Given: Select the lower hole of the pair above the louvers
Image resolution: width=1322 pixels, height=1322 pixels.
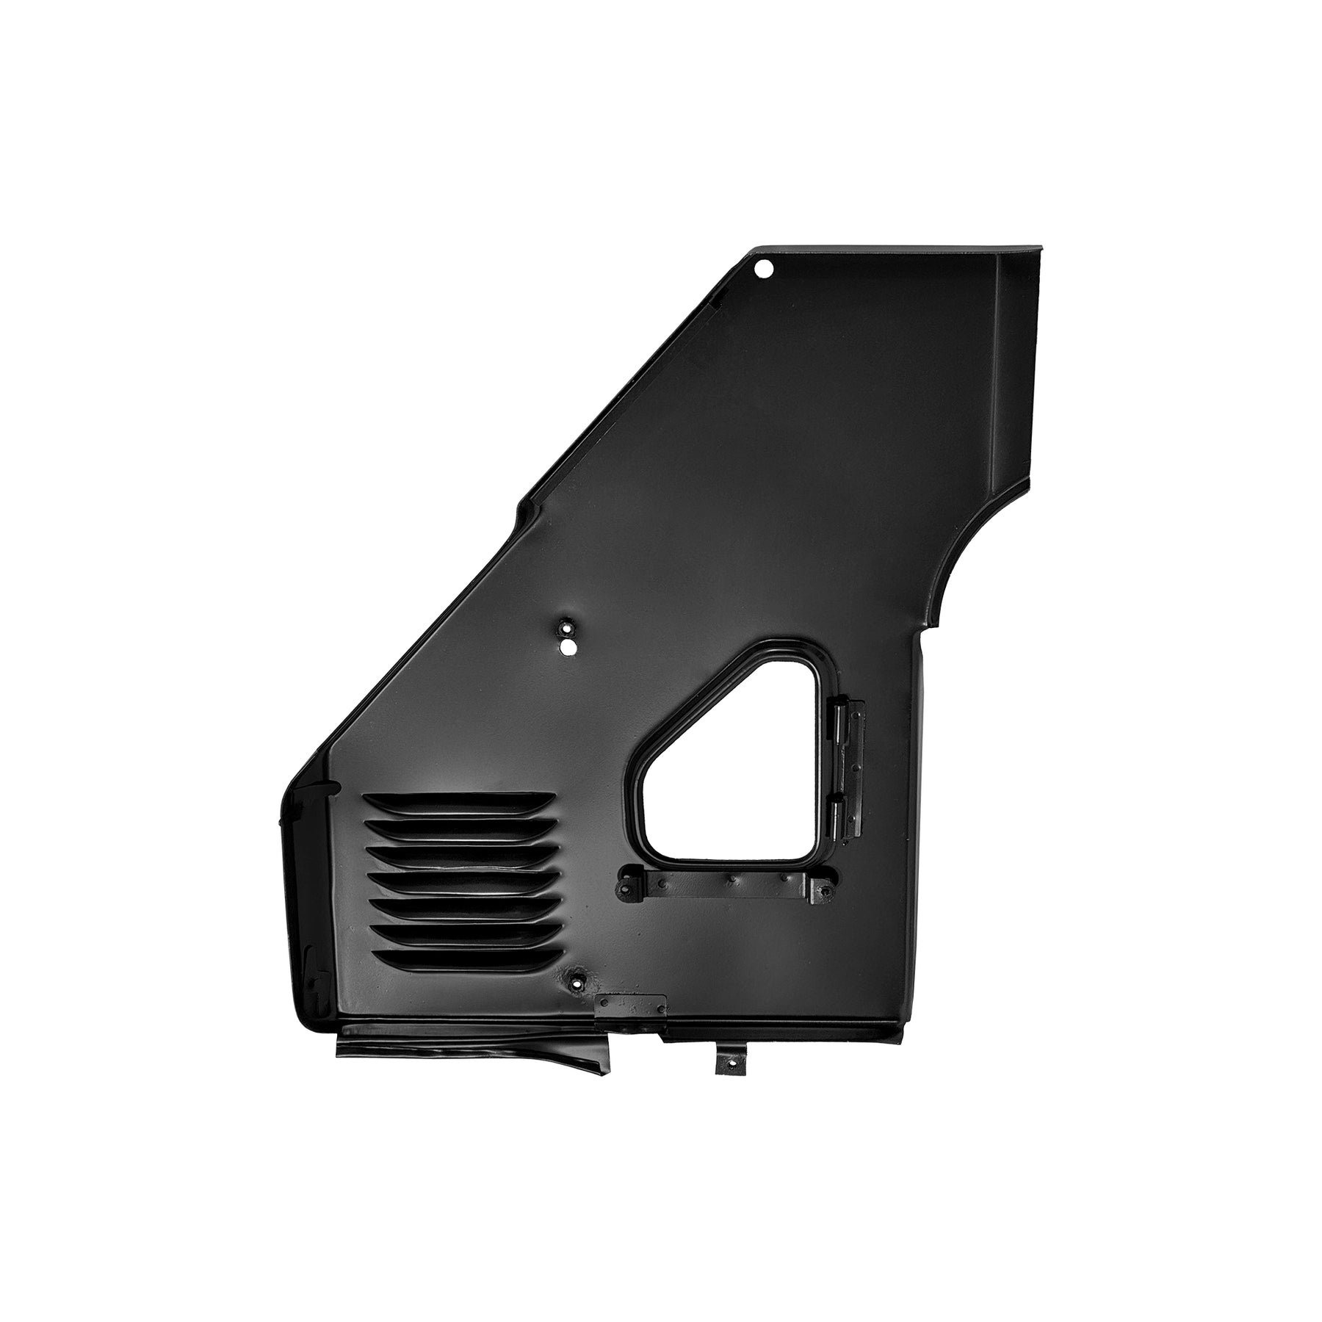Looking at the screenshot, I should (x=568, y=646).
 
